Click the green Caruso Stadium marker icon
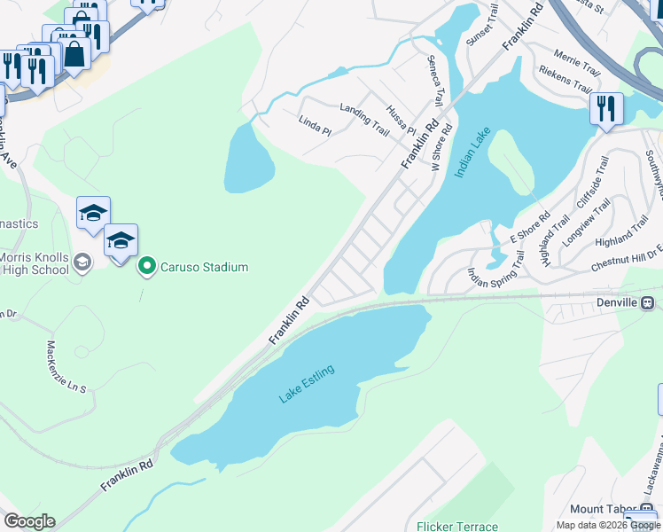(x=147, y=266)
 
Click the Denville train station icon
(x=649, y=302)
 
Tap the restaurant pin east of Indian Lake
(x=606, y=110)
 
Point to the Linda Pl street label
(x=315, y=126)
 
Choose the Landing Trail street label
(x=364, y=119)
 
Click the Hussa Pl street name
(x=401, y=118)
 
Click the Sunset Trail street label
(x=488, y=24)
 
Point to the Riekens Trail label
(x=565, y=79)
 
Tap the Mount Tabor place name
(x=598, y=509)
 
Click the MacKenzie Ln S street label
(x=66, y=367)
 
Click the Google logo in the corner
(x=29, y=521)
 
